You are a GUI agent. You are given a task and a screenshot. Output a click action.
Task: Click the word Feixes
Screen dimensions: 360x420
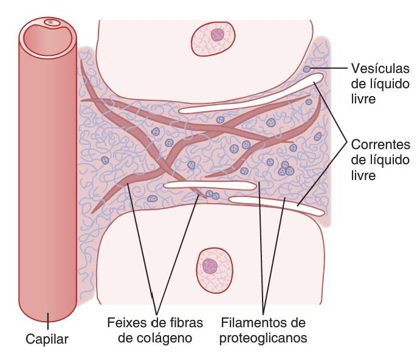[x=125, y=322]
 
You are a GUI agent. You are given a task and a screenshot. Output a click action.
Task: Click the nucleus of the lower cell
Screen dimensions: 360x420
[x=210, y=266]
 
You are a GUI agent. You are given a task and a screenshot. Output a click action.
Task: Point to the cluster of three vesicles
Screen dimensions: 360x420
[x=286, y=168]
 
